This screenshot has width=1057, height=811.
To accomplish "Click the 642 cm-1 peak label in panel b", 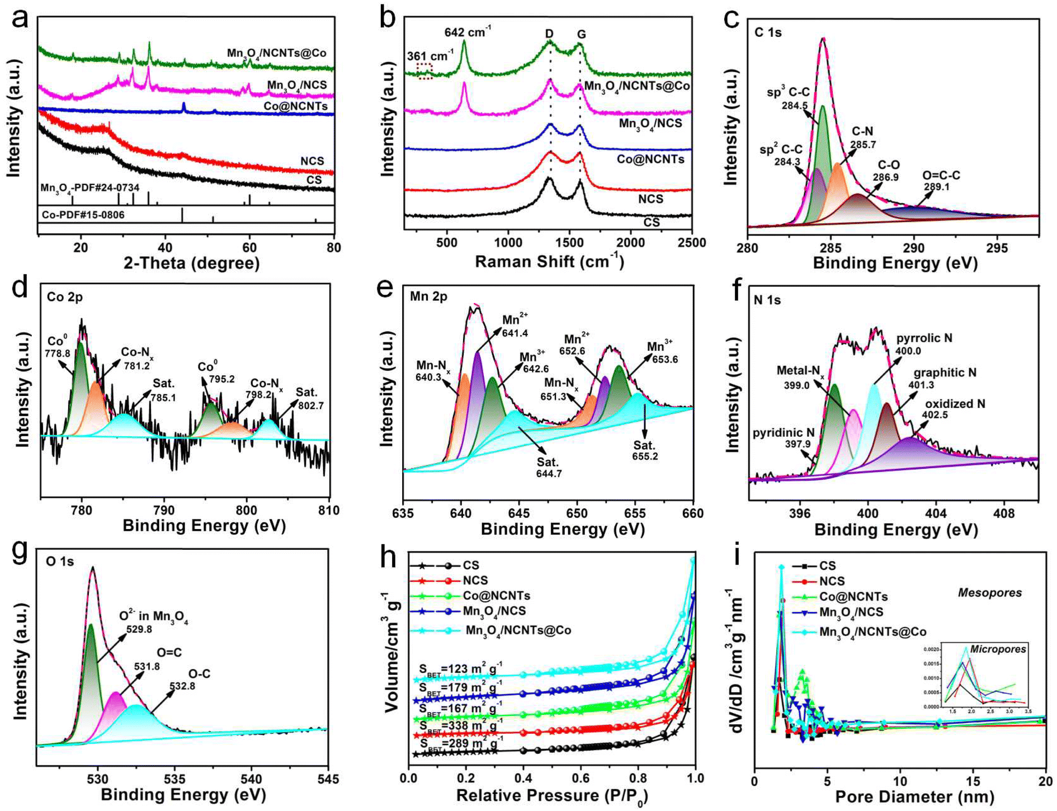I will coord(468,32).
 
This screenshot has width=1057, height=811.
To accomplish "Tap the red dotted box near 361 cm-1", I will coord(425,71).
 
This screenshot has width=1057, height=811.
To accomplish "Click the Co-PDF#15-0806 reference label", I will coord(83,215).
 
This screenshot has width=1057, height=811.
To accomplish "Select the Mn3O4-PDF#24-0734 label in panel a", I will coord(89,188).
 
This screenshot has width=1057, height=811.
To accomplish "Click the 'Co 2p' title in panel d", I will coord(64,297).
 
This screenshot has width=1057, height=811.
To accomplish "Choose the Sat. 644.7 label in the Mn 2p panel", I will coord(549,468).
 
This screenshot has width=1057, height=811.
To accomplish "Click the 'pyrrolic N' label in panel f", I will coord(924,338).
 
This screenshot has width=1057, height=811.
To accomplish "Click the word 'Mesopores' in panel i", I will coord(989,592).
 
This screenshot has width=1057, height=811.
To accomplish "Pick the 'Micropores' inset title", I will coord(998,649).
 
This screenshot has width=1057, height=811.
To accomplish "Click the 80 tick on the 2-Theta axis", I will coord(334,247).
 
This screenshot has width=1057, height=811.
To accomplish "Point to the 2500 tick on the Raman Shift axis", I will coord(692,243).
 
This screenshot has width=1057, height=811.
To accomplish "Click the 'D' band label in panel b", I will coord(549,34).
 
